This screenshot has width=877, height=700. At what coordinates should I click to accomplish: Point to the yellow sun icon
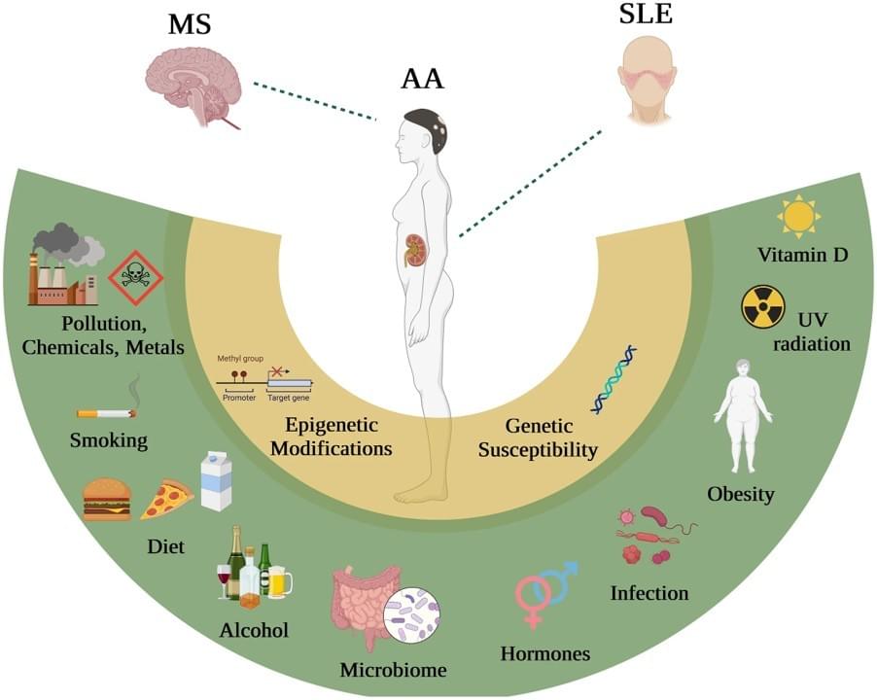pos(798,216)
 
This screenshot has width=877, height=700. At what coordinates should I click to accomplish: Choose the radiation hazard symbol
pos(762,306)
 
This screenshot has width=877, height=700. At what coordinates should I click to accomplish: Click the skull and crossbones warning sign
pos(135,279)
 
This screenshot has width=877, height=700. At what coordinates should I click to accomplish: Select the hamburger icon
pos(107,500)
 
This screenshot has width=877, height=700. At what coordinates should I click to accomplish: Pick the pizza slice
pos(166,501)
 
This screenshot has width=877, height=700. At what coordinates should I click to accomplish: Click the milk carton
pos(216,480)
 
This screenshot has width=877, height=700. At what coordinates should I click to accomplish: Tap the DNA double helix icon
pos(614,379)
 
